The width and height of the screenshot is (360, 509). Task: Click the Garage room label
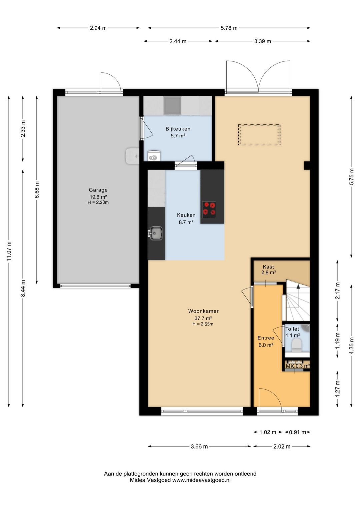(x=98, y=190)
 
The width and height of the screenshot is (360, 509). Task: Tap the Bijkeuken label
(x=178, y=129)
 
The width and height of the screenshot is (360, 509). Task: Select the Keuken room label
(x=186, y=215)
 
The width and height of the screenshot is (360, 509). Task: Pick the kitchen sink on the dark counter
(x=156, y=233)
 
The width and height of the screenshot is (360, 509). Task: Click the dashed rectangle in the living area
(x=259, y=134)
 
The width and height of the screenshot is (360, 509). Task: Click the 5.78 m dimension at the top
(x=229, y=28)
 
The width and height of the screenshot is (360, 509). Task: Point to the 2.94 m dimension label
(x=98, y=28)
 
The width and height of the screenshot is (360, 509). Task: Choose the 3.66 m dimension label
(x=199, y=447)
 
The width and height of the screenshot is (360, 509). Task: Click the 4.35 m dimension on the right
(x=351, y=346)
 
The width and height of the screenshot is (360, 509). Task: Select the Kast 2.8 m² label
(x=268, y=270)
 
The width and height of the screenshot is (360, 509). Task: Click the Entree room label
(x=266, y=338)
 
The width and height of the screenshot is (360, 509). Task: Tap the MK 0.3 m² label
(x=298, y=366)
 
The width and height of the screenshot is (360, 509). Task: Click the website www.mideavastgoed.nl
(x=201, y=480)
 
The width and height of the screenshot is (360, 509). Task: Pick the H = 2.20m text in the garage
(x=98, y=202)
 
